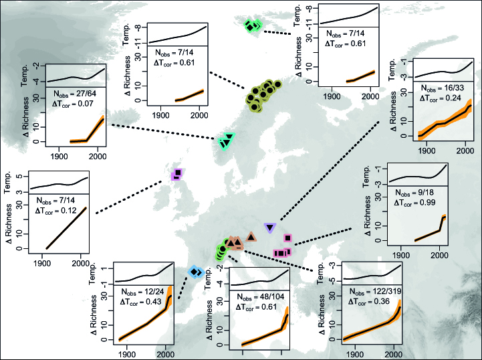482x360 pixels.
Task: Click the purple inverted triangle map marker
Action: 270,228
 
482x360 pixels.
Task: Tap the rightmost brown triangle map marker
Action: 250,236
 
